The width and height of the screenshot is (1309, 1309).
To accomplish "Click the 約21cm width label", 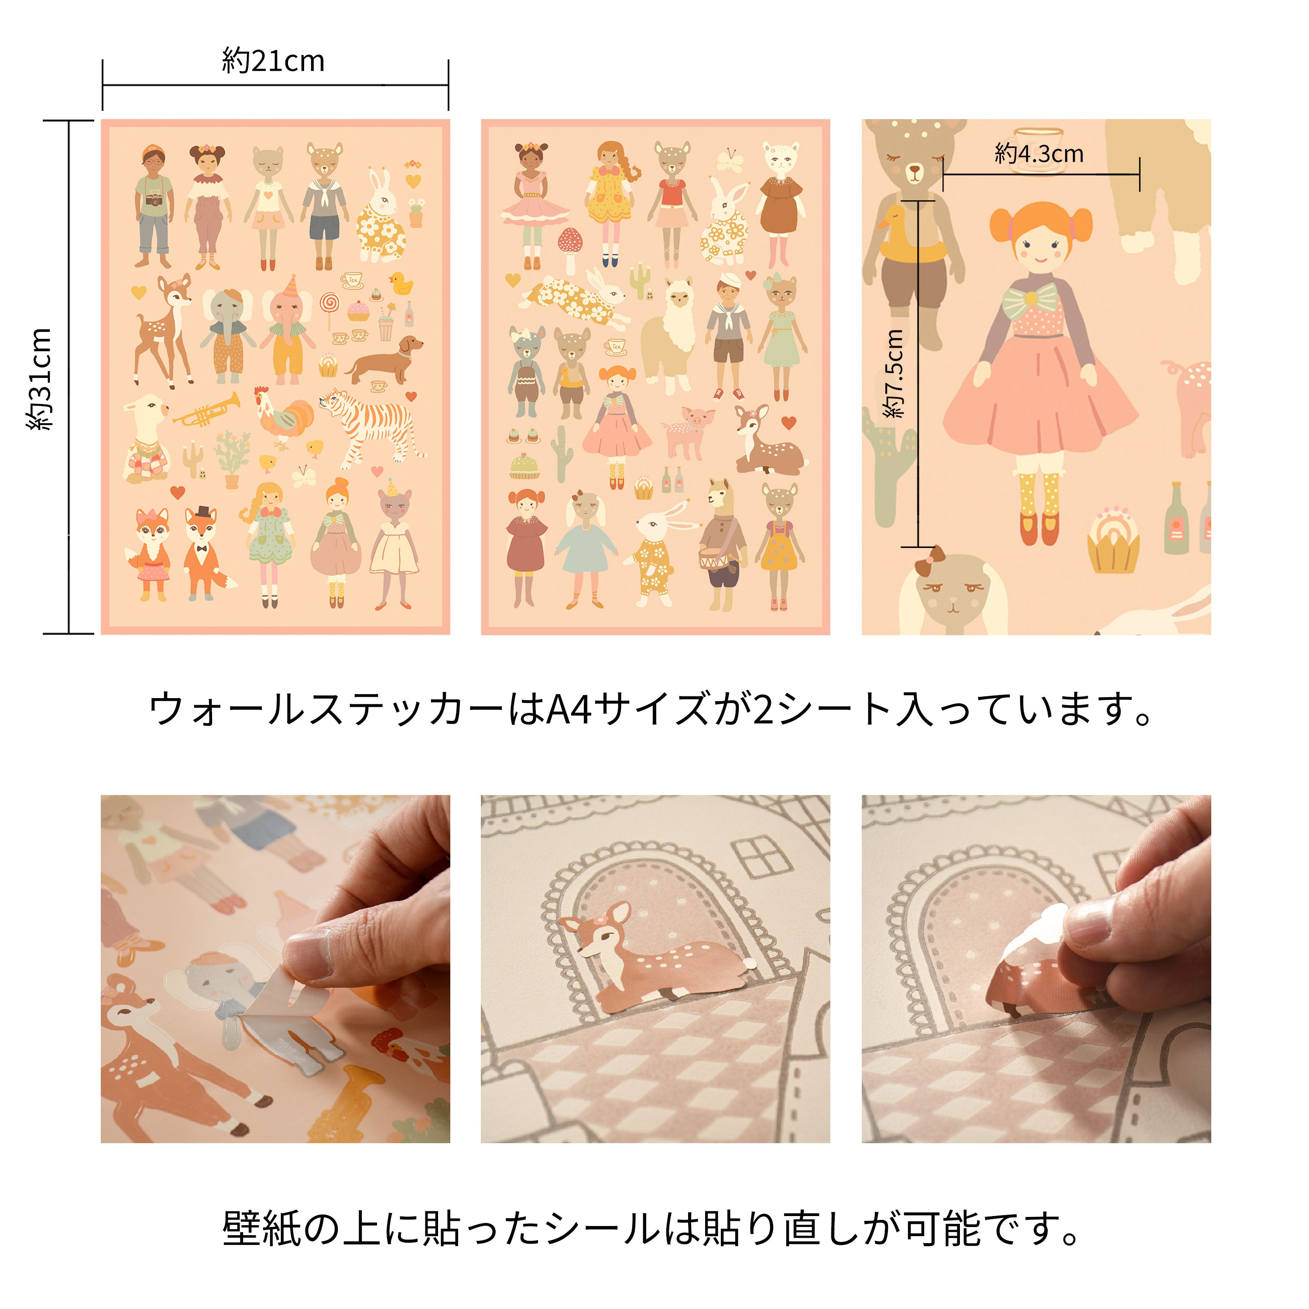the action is (273, 61).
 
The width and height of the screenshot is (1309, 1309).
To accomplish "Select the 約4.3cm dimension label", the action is (1038, 154).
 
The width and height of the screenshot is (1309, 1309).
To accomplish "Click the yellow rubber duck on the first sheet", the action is (402, 283).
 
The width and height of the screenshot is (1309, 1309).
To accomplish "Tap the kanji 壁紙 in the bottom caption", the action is (261, 1228).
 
